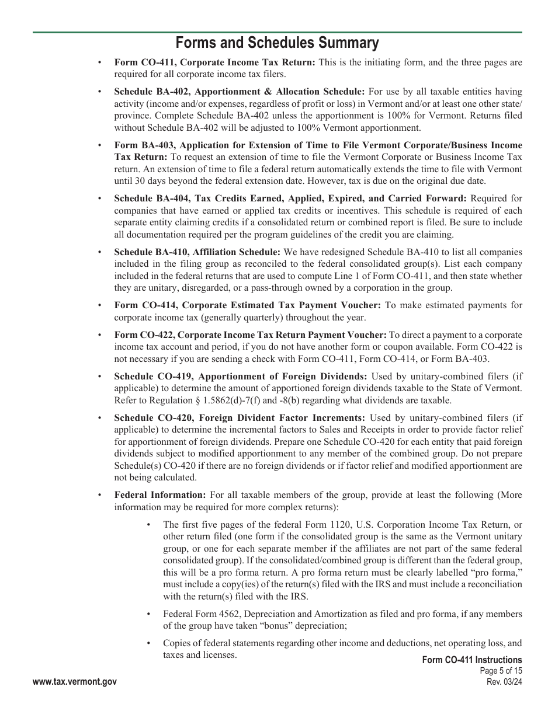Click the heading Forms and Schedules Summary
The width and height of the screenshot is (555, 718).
(x=277, y=43)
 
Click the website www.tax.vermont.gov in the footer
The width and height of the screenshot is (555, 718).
(x=75, y=682)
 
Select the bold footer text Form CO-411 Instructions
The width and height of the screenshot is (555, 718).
(x=471, y=660)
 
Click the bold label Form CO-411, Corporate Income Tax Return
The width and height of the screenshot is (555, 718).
(x=214, y=62)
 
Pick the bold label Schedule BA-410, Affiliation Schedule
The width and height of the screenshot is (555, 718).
(x=197, y=252)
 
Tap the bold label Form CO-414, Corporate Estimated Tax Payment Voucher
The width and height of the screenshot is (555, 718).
(x=247, y=305)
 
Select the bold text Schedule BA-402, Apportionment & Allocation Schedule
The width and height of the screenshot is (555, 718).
(x=240, y=92)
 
